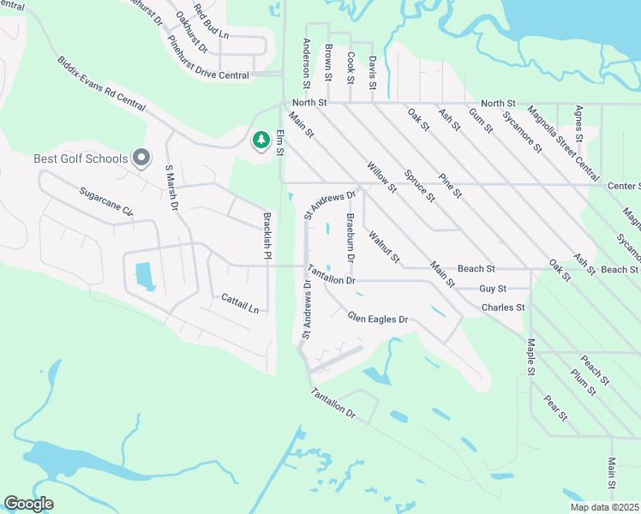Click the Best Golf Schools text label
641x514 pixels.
[x=81, y=158]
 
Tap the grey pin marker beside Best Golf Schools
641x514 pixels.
[x=142, y=158]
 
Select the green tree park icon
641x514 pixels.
[x=261, y=140]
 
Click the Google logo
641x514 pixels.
[x=28, y=505]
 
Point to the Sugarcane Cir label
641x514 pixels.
[x=106, y=202]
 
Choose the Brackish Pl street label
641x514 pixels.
[x=267, y=236]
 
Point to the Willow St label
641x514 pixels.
[x=381, y=176]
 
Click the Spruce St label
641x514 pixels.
[x=420, y=185]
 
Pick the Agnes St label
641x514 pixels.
[x=579, y=124]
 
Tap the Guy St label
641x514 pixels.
[x=493, y=289]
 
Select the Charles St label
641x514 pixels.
[x=502, y=307]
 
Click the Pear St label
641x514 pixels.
[x=555, y=409]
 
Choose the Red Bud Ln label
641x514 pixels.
[x=212, y=22]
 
